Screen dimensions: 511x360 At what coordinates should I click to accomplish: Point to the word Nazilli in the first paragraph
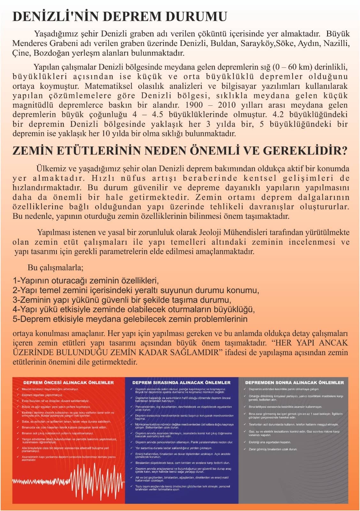336,43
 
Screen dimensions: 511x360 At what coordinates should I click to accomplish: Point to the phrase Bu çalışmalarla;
56,267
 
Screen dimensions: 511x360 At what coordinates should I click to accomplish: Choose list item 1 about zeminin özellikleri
86,281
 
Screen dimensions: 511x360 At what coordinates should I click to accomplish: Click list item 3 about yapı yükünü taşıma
122,300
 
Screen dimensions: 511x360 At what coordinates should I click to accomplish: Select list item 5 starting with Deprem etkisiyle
130,319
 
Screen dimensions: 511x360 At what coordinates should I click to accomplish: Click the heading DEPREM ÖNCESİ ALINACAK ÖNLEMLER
68,382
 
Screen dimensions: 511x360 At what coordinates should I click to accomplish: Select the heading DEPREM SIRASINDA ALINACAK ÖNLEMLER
181,382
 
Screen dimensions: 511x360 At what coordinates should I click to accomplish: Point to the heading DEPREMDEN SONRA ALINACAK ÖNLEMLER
294,382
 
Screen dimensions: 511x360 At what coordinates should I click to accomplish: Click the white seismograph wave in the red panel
83,479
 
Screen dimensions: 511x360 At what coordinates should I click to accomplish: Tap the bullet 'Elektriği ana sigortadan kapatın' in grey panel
270,442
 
